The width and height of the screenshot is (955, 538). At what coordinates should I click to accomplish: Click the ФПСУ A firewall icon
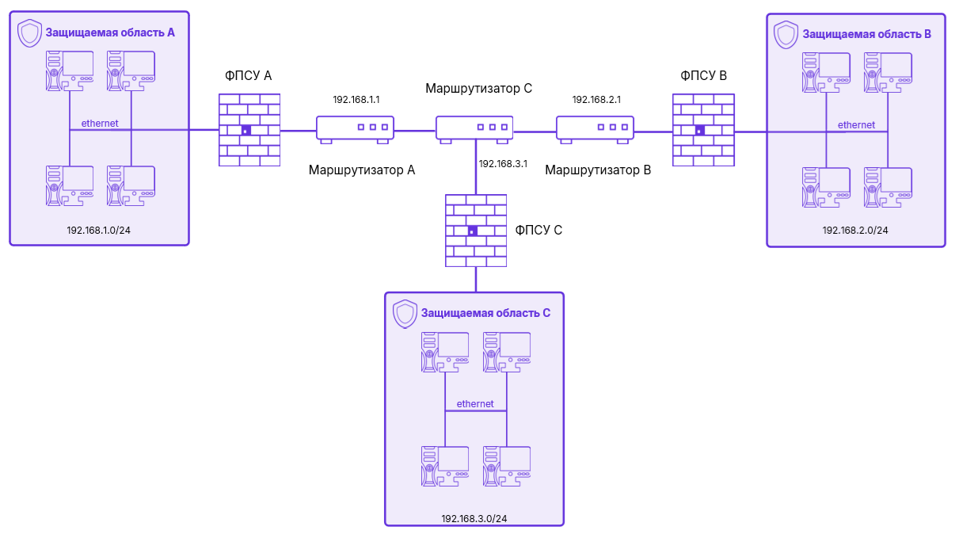click(x=249, y=130)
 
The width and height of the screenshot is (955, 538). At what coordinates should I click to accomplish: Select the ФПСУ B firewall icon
click(x=702, y=130)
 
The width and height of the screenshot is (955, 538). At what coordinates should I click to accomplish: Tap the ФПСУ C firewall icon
click(x=476, y=230)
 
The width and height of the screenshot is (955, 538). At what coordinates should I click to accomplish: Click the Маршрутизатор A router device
click(x=356, y=128)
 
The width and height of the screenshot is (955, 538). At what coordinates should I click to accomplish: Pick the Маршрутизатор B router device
click(x=595, y=128)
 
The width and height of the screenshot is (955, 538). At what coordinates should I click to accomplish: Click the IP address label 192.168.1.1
click(x=356, y=100)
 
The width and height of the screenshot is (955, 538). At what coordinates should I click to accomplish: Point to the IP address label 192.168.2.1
click(x=596, y=100)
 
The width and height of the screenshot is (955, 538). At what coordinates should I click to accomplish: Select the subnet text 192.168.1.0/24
click(x=100, y=230)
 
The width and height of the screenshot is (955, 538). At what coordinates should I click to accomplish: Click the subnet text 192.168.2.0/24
click(x=855, y=231)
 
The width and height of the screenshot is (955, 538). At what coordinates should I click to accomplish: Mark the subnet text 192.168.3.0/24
click(x=474, y=518)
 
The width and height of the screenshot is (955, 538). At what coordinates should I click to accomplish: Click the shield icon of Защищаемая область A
click(x=29, y=33)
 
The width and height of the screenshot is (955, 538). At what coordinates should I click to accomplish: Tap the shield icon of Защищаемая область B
click(x=786, y=34)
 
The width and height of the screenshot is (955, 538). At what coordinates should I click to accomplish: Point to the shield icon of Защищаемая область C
click(x=405, y=313)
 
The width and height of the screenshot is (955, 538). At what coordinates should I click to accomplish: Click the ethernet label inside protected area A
click(x=100, y=123)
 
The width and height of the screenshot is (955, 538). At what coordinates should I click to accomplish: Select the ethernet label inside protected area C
click(x=475, y=404)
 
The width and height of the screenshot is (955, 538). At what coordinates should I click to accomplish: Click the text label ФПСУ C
click(x=538, y=231)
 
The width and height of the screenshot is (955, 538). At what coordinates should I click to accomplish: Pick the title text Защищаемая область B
click(x=866, y=34)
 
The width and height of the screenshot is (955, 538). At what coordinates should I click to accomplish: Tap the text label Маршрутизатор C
click(x=478, y=88)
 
